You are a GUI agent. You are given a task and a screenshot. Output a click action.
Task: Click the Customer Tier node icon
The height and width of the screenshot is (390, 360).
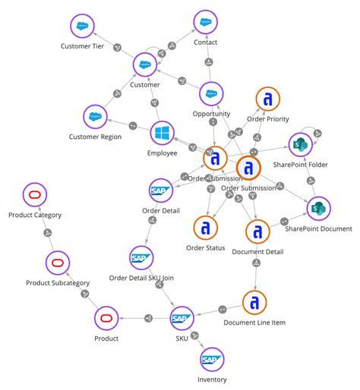pyautogui.click(x=81, y=27)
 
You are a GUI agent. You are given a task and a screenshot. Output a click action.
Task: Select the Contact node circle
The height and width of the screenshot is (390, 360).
pyautogui.click(x=205, y=23)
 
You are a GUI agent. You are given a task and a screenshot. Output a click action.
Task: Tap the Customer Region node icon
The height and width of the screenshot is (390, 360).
pyautogui.click(x=96, y=117)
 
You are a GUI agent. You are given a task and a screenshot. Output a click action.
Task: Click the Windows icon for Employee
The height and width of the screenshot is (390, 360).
pyautogui.click(x=163, y=134)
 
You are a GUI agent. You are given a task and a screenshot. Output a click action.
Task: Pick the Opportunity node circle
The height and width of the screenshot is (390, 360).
pyautogui.click(x=210, y=95)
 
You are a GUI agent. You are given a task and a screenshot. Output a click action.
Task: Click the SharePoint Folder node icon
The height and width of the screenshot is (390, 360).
pyautogui.click(x=298, y=144)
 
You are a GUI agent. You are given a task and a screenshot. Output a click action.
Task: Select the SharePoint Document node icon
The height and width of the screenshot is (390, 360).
pyautogui.click(x=318, y=208)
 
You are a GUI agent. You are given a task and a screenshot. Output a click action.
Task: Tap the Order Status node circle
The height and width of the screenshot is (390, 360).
pyautogui.click(x=205, y=228)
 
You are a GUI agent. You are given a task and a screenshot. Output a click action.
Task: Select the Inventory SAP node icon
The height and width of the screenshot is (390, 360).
pyautogui.click(x=212, y=359)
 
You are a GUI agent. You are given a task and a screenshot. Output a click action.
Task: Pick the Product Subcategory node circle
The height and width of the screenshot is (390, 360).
pyautogui.click(x=58, y=263)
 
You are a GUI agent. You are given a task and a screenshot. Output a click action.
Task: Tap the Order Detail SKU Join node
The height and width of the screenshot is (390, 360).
pyautogui.click(x=142, y=259)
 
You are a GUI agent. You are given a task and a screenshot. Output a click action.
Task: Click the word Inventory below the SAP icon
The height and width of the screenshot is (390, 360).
pyautogui.click(x=212, y=379)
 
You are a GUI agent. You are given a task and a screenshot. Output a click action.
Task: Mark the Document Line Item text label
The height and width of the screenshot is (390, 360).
pyautogui.click(x=254, y=323)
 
